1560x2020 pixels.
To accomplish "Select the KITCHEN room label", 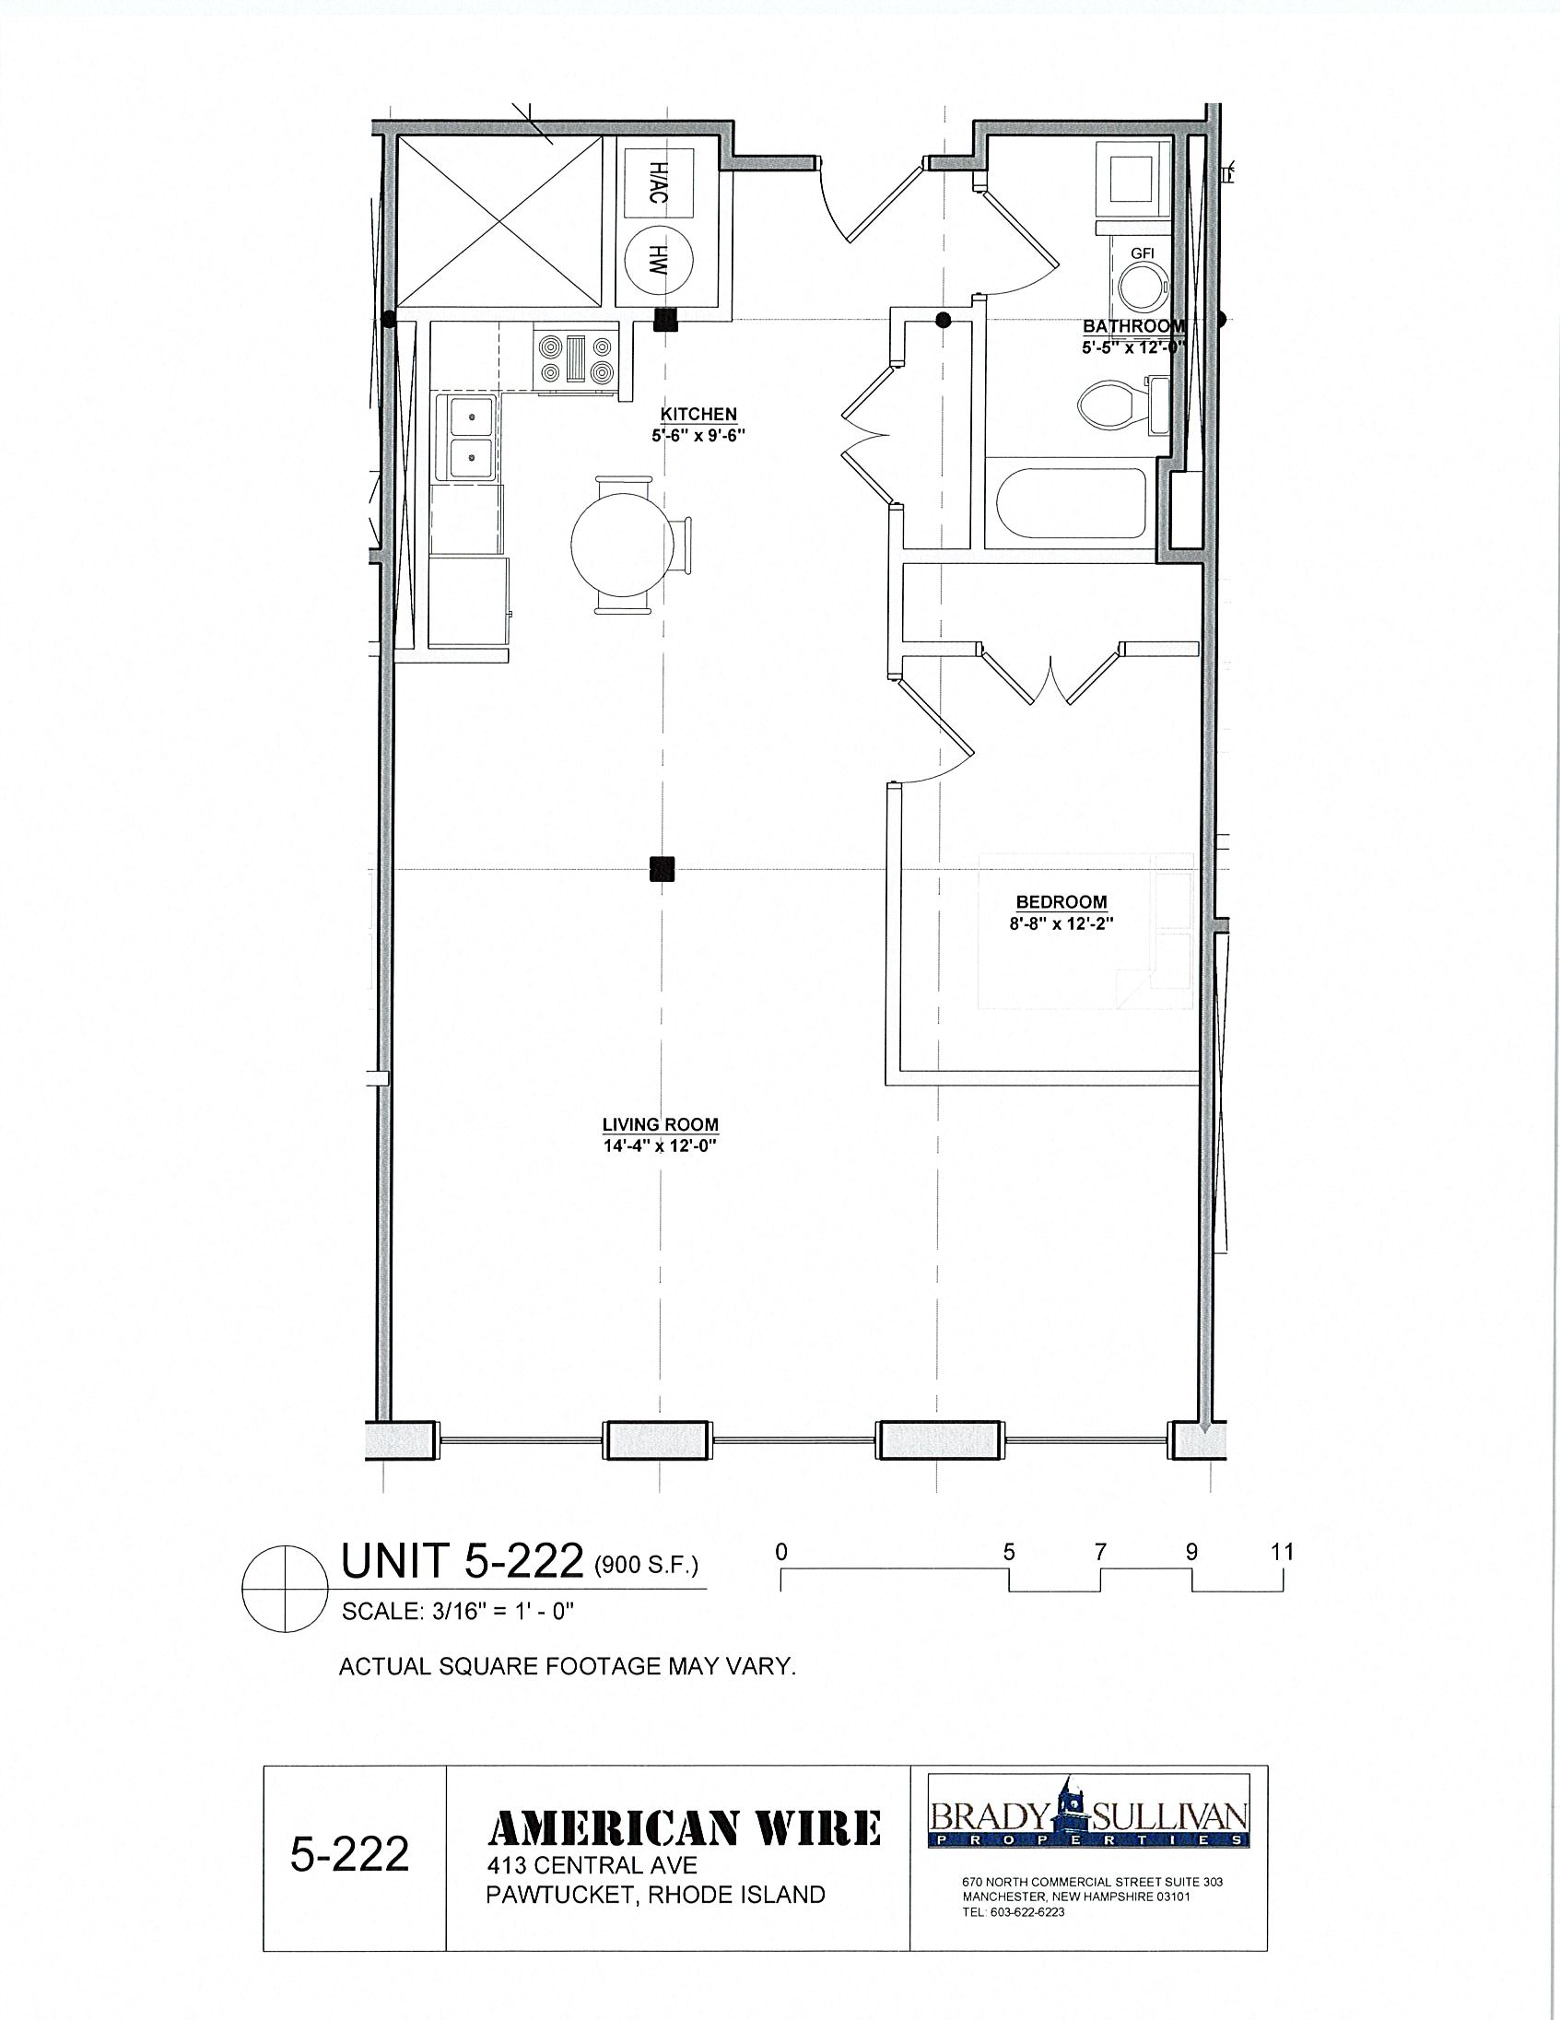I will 698,415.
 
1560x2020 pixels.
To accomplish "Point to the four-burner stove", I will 576,359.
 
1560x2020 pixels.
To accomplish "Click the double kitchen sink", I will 470,436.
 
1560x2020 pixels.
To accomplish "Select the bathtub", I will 1072,503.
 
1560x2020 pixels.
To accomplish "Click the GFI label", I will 1143,253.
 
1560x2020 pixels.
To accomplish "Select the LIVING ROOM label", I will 661,1124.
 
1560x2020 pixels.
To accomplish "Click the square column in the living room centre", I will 662,868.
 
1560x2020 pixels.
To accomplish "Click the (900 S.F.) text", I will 645,1565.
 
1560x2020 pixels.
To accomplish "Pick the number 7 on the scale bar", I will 1100,1551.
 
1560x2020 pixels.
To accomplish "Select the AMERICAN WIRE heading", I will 685,1828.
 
